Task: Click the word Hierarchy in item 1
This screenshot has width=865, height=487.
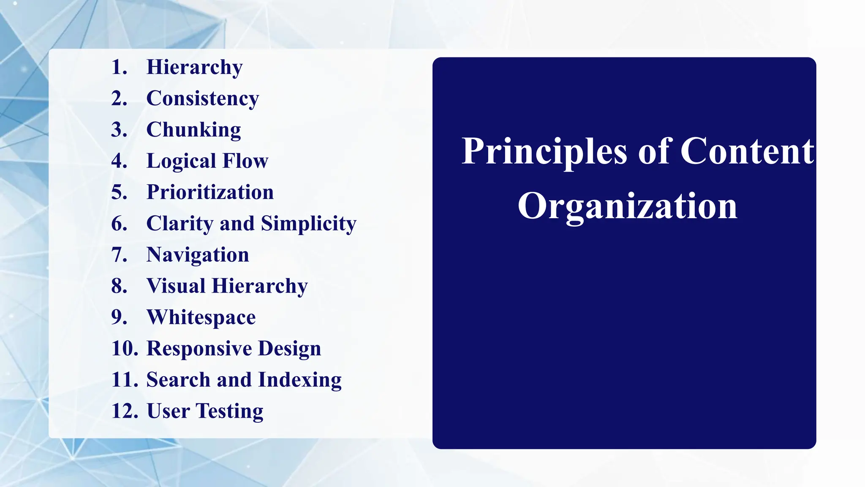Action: [194, 68]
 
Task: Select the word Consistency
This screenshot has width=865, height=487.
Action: [202, 99]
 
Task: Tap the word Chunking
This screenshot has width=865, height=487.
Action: [193, 130]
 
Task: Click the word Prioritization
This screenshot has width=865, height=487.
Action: [210, 192]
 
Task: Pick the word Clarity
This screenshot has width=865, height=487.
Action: [180, 224]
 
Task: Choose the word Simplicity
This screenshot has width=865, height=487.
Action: [308, 224]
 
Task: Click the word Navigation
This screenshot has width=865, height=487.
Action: [198, 255]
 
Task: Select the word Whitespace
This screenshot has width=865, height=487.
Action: [201, 317]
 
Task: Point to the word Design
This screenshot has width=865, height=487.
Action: [289, 349]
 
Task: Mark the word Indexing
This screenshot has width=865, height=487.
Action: [299, 380]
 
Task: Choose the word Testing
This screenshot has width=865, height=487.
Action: [229, 411]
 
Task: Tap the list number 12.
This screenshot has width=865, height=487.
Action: [125, 411]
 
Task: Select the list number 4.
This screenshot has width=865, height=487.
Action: [119, 161]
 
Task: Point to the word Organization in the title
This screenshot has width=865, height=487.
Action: [627, 206]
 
